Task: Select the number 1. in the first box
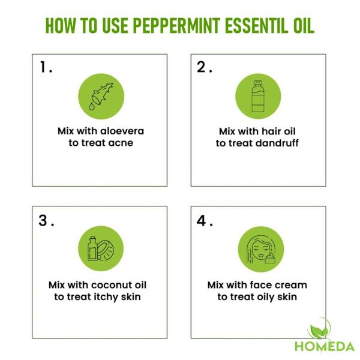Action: click(46, 68)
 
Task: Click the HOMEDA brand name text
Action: click(324, 346)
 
